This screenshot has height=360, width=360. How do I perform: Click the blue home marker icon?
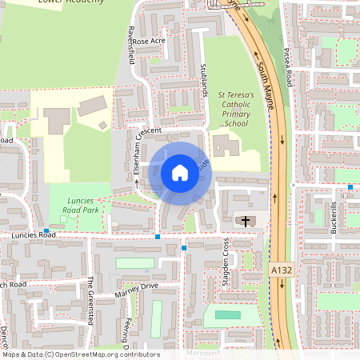pyautogui.click(x=180, y=172)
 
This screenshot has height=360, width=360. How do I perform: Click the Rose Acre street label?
pyautogui.click(x=148, y=40)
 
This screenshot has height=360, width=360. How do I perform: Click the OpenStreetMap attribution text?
pyautogui.click(x=80, y=354)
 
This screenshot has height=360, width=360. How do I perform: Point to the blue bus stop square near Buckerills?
pyautogui.click(x=350, y=187)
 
